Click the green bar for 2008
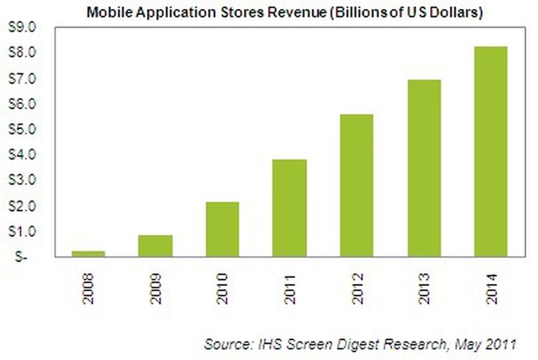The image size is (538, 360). pos(88,254)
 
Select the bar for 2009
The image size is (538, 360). pos(155,246)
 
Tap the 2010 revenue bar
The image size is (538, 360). pos(222,229)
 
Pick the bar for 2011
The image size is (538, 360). pos(290,208)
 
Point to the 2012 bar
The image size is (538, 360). pos(356,186)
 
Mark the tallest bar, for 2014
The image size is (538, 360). pos(491,152)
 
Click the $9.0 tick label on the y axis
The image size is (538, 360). pos(22,28)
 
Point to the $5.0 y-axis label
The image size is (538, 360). pos(22,129)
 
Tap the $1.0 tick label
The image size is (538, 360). pos(22,231)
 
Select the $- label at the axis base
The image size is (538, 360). pos(21,257)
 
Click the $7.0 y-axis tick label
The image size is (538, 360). pos(22,79)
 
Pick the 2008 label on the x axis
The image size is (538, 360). pos(88,289)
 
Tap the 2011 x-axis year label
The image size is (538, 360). pos(290,289)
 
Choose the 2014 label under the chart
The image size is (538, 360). pos(491,289)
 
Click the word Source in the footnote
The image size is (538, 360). pos(227,344)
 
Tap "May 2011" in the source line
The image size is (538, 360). pos(485,344)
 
